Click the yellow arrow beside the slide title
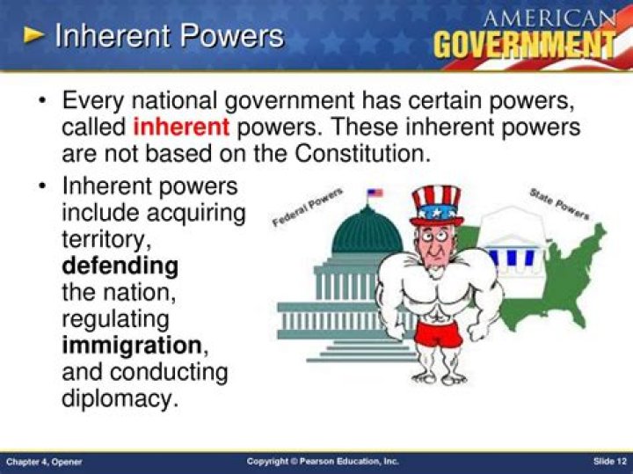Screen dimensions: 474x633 click(x=33, y=35)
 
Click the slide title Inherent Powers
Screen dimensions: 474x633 click(x=169, y=36)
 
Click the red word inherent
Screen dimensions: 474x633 click(x=181, y=127)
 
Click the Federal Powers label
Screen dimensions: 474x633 click(x=307, y=207)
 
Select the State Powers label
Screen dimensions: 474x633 click(x=559, y=203)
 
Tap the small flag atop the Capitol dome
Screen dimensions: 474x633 click(x=375, y=193)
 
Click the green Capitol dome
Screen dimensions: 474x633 click(x=367, y=230)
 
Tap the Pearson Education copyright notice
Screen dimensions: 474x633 click(x=322, y=462)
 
